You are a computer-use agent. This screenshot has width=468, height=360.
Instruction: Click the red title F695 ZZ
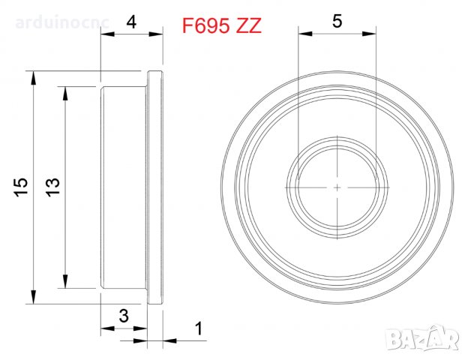coord(222,25)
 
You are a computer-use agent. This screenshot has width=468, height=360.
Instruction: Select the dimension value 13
coord(52,187)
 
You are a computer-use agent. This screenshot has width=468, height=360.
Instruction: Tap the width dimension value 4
coord(132,22)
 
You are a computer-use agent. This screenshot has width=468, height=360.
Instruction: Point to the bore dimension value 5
coord(337,22)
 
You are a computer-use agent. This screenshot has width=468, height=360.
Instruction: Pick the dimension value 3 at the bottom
coord(123,316)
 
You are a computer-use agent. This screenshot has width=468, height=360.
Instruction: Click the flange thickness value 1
coord(198,328)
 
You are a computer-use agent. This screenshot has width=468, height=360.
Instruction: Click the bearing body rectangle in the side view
coord(124,187)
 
